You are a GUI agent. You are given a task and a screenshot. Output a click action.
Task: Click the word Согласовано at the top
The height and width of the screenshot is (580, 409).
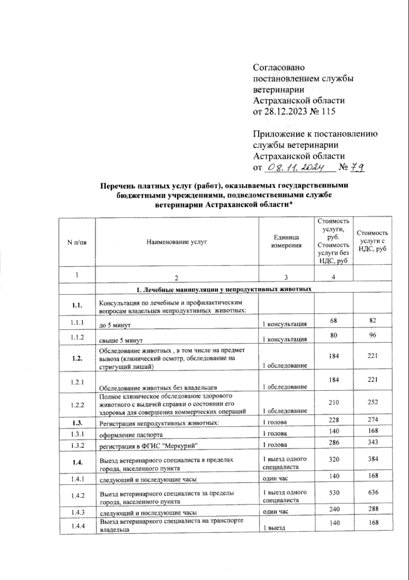[279, 68]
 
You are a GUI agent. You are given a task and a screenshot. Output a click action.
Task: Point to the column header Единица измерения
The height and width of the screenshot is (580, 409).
[286, 241]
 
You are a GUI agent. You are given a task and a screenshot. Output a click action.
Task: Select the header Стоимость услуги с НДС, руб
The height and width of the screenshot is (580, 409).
[373, 241]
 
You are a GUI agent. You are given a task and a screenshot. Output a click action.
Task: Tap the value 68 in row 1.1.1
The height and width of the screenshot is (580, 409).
[334, 321]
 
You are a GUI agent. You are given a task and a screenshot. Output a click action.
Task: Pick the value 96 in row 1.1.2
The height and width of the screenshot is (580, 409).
[373, 336]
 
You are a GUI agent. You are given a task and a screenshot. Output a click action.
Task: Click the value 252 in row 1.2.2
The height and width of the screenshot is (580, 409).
[373, 402]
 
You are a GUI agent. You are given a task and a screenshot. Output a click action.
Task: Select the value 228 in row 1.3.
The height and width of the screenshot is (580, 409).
[334, 420]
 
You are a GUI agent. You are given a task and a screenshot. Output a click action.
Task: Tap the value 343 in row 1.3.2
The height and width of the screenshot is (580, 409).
[373, 442]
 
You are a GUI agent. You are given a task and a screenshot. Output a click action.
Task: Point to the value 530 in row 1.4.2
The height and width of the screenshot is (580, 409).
[334, 492]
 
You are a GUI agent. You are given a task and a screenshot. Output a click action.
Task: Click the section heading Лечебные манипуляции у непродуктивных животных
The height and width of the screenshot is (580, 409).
[224, 289]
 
